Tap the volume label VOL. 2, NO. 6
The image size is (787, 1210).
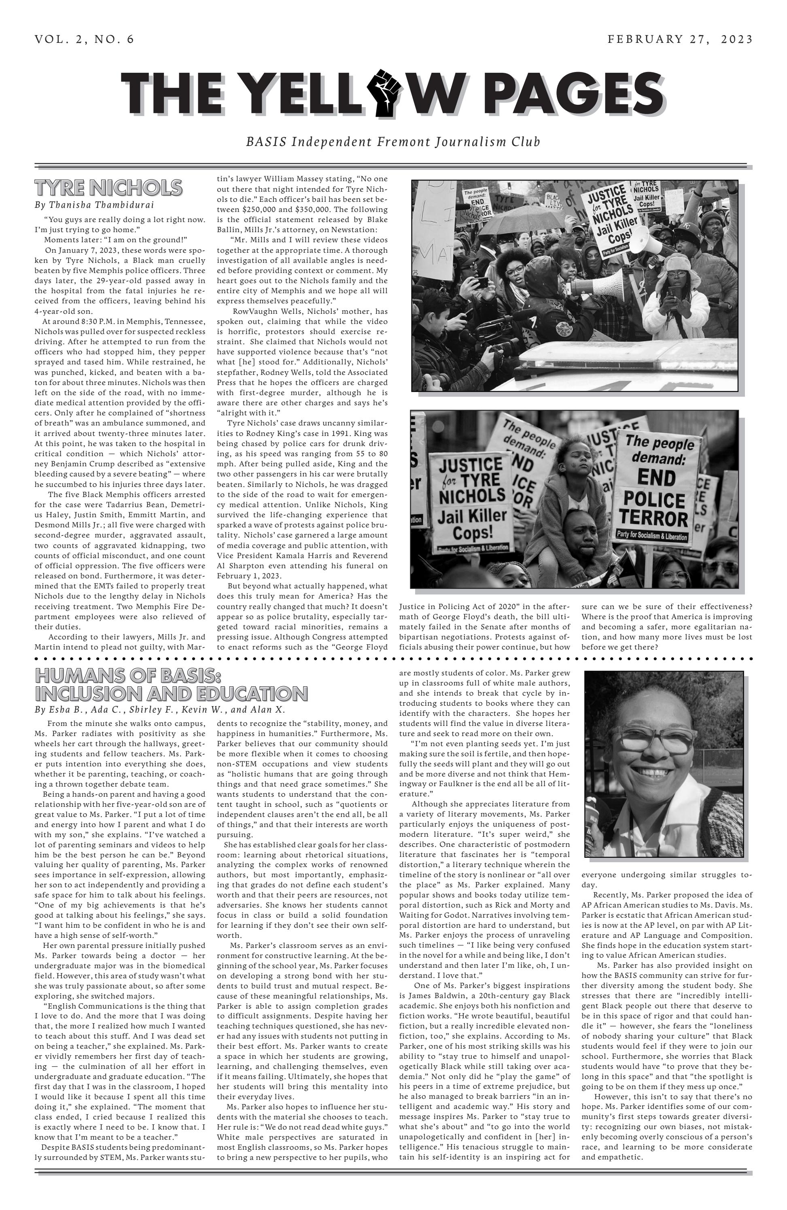click(84, 39)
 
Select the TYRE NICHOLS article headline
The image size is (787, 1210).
click(108, 188)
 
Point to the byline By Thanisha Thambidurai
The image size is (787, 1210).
click(94, 205)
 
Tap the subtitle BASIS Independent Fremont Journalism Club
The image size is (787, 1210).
click(393, 141)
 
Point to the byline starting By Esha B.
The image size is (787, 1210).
click(160, 710)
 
